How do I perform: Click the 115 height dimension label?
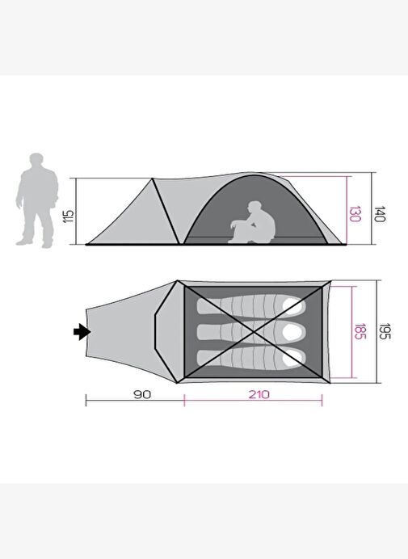[x=69, y=216]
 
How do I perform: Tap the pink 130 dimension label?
[x=354, y=214]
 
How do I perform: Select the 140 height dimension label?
[x=380, y=214]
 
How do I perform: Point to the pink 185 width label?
[x=360, y=331]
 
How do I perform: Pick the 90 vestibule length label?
[x=142, y=395]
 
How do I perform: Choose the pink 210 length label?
[x=259, y=395]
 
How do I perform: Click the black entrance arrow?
[x=82, y=332]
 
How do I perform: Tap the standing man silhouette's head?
[x=36, y=161]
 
